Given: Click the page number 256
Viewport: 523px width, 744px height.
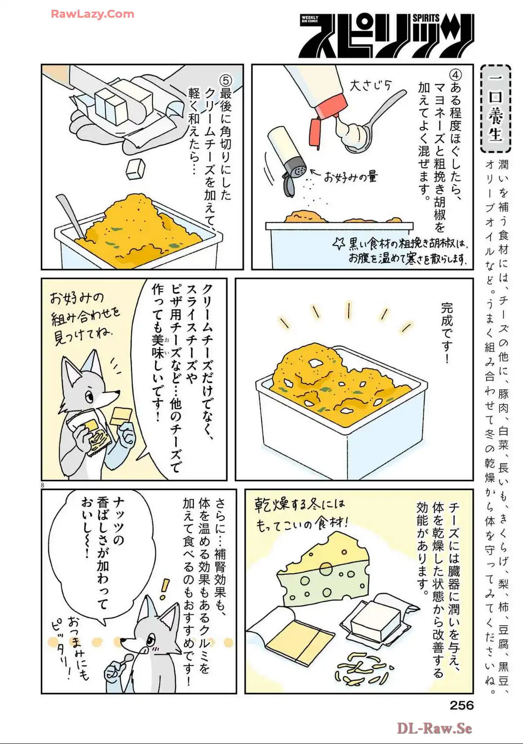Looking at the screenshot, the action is (462, 705).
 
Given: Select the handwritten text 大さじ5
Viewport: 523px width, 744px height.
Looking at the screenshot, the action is (370, 86).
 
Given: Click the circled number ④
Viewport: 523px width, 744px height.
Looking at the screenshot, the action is (455, 75).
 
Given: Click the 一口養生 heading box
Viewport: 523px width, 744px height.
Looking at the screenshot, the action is (495, 109).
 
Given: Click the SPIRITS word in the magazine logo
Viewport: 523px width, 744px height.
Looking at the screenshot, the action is (426, 18).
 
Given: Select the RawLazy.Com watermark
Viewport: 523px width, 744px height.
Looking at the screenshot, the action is (93, 14).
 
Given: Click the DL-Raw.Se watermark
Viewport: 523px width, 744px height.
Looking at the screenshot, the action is (434, 728).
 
